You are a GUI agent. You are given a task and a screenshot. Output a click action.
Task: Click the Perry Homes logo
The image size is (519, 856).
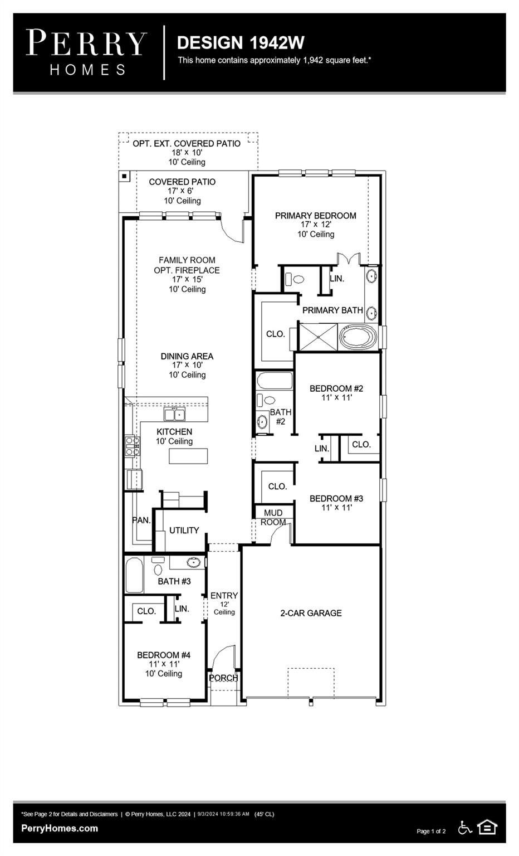click(x=86, y=52)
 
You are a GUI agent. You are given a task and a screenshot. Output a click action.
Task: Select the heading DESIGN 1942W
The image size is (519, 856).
click(x=240, y=43)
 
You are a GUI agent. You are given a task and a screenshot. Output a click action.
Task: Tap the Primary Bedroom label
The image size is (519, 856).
click(x=315, y=216)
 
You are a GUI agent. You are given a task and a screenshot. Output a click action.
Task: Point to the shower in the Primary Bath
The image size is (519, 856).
click(x=318, y=337)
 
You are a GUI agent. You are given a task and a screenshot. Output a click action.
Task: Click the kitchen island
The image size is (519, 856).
click(x=188, y=456)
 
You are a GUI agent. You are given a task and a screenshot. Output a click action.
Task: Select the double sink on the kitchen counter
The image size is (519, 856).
click(x=174, y=414)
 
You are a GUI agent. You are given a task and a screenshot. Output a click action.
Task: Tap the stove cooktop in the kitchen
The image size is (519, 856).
click(x=133, y=446)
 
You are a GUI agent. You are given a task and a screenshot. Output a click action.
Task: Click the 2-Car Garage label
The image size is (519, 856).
click(x=311, y=613)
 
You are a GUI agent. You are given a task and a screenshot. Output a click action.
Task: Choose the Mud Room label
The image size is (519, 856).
click(x=273, y=517)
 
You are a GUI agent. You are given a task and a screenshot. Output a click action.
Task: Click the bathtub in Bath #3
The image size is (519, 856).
click(x=134, y=575)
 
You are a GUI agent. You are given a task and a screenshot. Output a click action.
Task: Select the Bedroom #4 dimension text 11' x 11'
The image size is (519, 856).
click(x=164, y=664)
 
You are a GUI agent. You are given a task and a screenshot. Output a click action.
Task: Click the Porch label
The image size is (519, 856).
click(x=223, y=678)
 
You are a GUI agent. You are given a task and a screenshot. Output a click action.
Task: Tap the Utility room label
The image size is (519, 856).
click(x=184, y=531)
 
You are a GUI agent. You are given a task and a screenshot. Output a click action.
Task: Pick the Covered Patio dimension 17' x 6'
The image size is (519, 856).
click(x=182, y=191)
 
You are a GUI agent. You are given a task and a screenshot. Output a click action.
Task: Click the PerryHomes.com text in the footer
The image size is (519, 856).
click(x=60, y=828)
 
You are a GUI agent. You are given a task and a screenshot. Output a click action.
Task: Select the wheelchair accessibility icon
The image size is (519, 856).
click(x=464, y=828)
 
